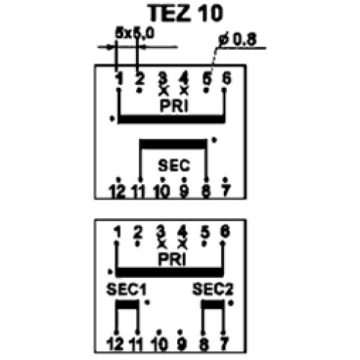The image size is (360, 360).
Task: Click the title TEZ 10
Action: pyautogui.click(x=185, y=13)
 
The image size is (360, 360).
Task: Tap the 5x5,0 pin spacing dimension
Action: pyautogui.click(x=135, y=33)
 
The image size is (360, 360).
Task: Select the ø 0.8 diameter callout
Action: pyautogui.click(x=238, y=40)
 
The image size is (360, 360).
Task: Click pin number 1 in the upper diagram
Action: pyautogui.click(x=119, y=78)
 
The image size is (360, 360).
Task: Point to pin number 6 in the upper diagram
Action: pyautogui.click(x=227, y=78)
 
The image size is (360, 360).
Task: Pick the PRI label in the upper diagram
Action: pyautogui.click(x=174, y=106)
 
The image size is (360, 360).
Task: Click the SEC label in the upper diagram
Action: pyautogui.click(x=174, y=166)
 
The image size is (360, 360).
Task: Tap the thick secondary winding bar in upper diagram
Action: pyautogui.click(x=173, y=144)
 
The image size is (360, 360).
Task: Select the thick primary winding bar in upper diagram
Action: pyautogui.click(x=171, y=120)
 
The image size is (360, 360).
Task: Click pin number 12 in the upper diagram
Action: pyautogui.click(x=117, y=192)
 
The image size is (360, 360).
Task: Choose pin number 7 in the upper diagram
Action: pyautogui.click(x=225, y=191)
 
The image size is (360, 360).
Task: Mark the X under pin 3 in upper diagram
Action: pyautogui.click(x=163, y=91)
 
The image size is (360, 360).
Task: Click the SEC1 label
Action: pyautogui.click(x=126, y=289)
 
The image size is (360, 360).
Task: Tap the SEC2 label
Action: pyautogui.click(x=212, y=289)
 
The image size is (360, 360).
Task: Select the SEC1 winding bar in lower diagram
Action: pyautogui.click(x=127, y=304)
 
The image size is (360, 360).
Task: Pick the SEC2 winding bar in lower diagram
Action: pyautogui.click(x=213, y=304)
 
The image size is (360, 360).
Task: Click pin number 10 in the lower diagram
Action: pyautogui.click(x=160, y=344)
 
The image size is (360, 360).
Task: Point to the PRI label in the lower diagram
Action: pyautogui.click(x=172, y=259)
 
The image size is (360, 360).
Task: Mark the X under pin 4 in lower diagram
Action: pyautogui.click(x=182, y=244)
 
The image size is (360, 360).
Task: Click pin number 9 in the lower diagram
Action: pyautogui.click(x=182, y=344)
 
